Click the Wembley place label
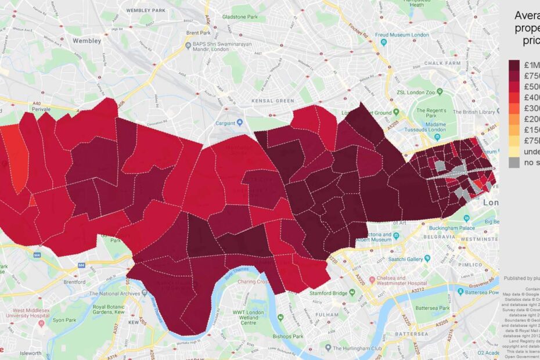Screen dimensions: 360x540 click(87, 41)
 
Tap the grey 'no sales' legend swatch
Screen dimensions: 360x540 click(514, 163)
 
